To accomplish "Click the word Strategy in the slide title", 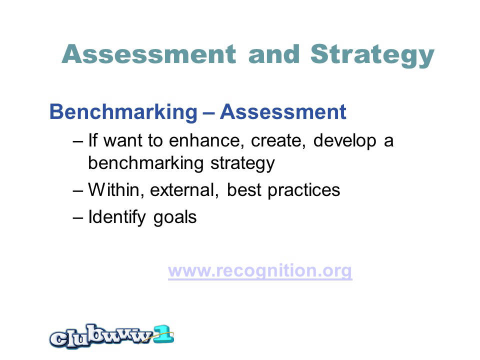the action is (372, 55).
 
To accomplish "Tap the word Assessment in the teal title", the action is (149, 54).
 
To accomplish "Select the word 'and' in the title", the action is (274, 54).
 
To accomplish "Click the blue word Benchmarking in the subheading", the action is (123, 112).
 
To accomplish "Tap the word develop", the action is (344, 141).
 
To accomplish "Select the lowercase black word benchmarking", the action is (145, 163).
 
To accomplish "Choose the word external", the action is (184, 190).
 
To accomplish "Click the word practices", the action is (303, 190).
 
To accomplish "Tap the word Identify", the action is (117, 217).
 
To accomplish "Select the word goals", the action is (175, 218).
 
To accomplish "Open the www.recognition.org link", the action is (260, 271).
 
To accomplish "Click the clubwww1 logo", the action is (111, 336).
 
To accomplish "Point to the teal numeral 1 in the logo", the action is (163, 334).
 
